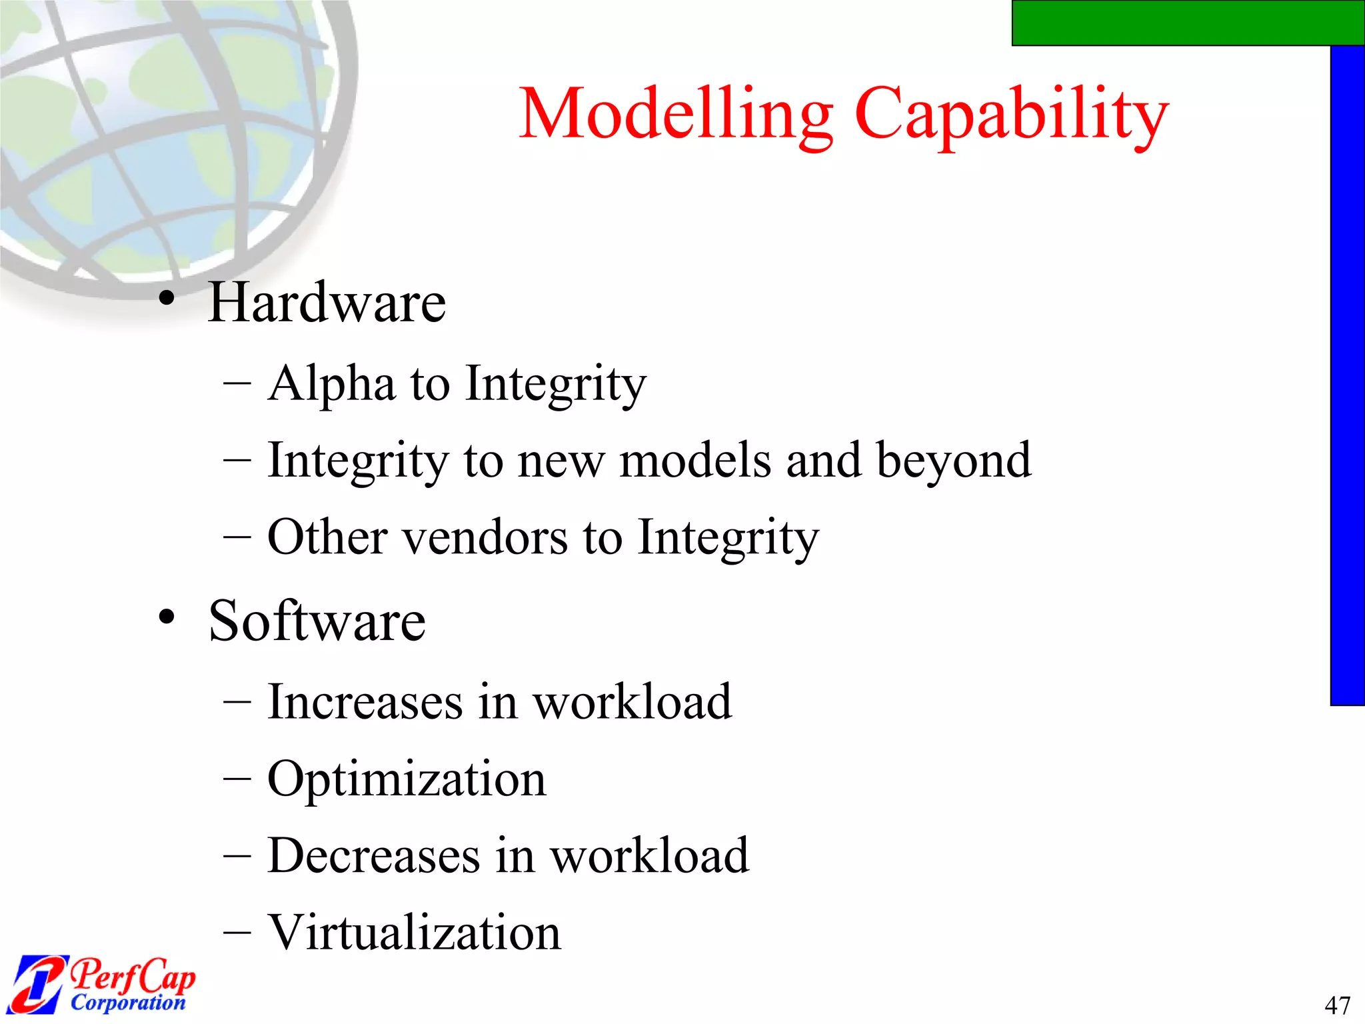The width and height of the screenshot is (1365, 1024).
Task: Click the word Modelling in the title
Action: tap(675, 115)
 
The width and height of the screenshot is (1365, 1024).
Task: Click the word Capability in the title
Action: tap(1011, 115)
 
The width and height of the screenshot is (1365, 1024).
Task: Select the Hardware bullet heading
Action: tap(327, 303)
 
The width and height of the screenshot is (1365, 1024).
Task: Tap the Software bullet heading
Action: tap(317, 621)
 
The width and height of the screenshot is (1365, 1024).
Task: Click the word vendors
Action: tap(485, 537)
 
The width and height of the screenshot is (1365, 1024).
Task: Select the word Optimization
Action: tap(407, 779)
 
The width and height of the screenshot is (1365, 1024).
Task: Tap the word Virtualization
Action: tap(414, 932)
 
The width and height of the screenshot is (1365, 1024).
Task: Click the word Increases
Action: tap(365, 702)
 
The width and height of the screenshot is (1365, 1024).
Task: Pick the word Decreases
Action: tap(373, 855)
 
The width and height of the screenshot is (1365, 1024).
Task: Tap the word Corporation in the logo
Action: tap(128, 1003)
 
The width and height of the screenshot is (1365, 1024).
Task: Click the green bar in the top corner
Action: tap(1186, 22)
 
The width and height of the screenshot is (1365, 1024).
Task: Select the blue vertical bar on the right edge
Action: tap(1347, 373)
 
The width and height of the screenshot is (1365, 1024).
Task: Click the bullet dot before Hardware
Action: tap(167, 298)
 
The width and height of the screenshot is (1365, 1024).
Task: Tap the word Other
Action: tap(327, 537)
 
